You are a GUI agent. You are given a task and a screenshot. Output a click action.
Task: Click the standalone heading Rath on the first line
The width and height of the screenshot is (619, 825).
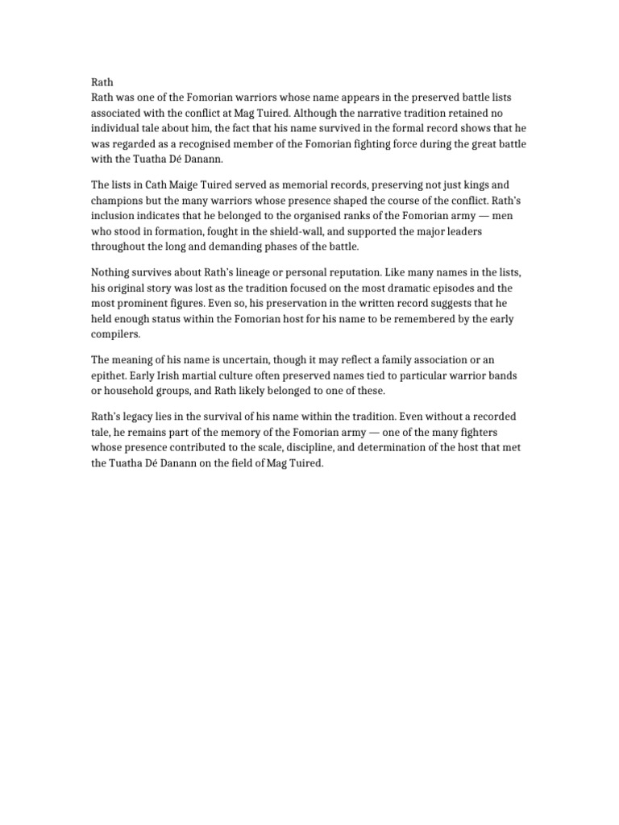coord(102,82)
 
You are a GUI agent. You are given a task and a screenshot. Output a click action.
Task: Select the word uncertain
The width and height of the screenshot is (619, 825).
coord(243,359)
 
